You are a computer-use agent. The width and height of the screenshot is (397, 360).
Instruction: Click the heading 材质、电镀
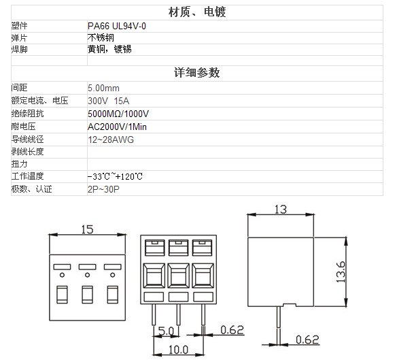[197, 12]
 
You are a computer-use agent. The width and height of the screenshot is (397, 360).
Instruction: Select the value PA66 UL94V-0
[117, 26]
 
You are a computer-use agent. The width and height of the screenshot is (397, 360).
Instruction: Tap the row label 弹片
[19, 38]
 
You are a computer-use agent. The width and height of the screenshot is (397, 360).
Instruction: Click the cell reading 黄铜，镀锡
[109, 49]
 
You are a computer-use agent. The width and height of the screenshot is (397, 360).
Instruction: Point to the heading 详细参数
[196, 73]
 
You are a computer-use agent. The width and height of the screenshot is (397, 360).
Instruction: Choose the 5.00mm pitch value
[103, 88]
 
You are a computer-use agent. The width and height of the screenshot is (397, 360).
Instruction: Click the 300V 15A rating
[108, 101]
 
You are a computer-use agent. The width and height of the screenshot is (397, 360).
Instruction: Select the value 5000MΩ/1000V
[118, 114]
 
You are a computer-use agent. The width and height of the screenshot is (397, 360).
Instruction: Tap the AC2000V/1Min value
[117, 127]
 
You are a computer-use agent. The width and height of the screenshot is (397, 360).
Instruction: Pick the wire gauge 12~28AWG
[111, 140]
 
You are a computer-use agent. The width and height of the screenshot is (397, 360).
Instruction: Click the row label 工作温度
[27, 176]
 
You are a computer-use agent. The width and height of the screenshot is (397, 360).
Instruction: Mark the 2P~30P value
[103, 189]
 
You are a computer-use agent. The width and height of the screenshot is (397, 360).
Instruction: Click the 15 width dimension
[87, 229]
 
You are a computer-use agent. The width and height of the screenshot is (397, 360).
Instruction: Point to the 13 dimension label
[281, 210]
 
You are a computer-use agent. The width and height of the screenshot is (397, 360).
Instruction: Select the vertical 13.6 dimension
[341, 272]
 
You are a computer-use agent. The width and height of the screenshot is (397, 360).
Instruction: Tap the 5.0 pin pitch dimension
[166, 331]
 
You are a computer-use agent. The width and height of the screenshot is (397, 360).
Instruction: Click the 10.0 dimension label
[179, 350]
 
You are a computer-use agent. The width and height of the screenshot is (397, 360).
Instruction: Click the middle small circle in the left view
[87, 275]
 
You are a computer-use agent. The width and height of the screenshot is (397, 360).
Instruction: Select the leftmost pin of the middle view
[154, 314]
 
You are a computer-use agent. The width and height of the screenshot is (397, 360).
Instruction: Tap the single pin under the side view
[279, 317]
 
